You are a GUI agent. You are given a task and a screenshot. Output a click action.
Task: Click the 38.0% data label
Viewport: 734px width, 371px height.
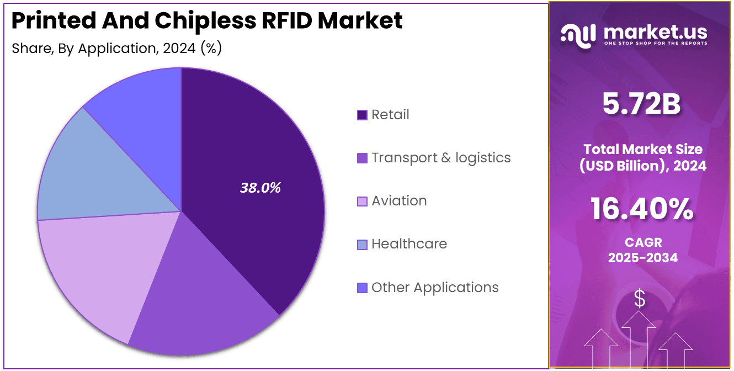click(260, 188)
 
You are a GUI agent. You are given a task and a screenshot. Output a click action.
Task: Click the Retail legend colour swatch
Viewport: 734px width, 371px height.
click(362, 115)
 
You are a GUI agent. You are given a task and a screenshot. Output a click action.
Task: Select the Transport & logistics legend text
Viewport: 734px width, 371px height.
click(441, 158)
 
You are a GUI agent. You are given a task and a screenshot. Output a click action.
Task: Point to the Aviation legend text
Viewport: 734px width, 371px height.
click(399, 201)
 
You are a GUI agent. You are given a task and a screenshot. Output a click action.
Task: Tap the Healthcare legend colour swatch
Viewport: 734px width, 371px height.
click(362, 244)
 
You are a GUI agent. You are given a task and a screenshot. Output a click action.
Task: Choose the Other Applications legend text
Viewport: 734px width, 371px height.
click(435, 288)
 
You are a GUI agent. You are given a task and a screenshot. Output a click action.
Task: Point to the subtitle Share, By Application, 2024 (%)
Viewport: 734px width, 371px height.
click(117, 49)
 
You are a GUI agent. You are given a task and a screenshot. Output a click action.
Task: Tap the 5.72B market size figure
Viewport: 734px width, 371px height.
click(641, 105)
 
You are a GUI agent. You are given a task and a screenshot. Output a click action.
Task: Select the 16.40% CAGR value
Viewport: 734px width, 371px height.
click(642, 210)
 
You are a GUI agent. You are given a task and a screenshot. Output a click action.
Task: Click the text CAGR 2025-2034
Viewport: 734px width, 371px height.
click(642, 250)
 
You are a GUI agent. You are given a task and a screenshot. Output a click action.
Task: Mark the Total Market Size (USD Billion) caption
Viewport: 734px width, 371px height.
click(642, 157)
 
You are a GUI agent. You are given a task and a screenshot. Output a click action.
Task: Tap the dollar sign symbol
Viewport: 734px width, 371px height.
click(640, 299)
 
